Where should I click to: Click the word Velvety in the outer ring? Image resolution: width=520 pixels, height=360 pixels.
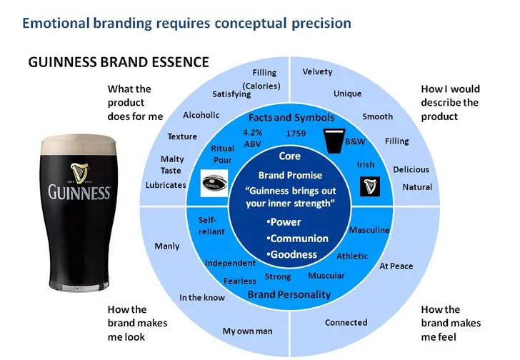click(x=318, y=72)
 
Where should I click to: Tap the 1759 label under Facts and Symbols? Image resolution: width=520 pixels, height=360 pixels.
click(x=296, y=134)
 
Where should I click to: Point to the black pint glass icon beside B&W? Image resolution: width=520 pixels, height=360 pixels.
click(x=333, y=141)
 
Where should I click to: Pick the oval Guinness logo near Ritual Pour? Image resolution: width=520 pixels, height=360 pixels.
click(x=214, y=181)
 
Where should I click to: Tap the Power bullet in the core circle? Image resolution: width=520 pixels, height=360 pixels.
click(x=285, y=222)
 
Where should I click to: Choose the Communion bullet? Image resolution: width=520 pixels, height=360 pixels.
click(x=297, y=239)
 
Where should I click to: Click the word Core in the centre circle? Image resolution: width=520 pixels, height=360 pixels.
click(x=290, y=156)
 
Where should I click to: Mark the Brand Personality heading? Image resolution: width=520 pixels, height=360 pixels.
click(x=289, y=294)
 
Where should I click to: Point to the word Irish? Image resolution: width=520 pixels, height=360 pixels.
click(x=366, y=165)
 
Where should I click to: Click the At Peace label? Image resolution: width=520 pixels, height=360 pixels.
click(x=396, y=266)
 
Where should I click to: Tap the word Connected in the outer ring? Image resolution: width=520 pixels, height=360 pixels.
click(x=346, y=323)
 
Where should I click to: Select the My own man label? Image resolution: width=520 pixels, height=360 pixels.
click(x=247, y=331)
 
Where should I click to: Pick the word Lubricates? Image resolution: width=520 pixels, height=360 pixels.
click(x=166, y=185)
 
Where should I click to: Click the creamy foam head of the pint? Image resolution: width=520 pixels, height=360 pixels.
click(x=79, y=144)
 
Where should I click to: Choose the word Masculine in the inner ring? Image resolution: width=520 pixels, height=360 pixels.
click(x=369, y=230)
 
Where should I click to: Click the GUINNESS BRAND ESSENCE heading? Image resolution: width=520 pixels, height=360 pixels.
click(x=119, y=62)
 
